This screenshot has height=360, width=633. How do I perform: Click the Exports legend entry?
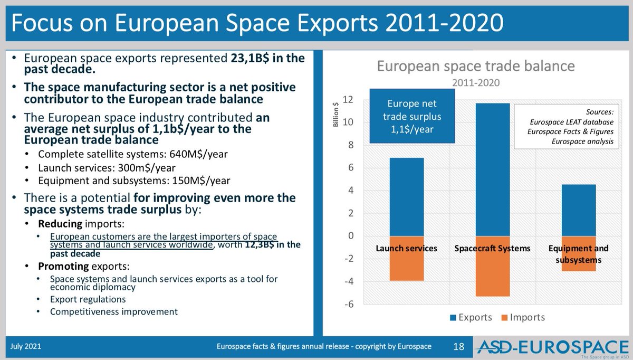tap(471, 317)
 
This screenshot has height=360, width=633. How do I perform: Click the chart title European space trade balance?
tap(475, 67)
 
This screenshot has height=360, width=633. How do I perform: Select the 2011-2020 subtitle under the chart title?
tap(475, 82)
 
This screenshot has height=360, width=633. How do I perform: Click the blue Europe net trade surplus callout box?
tap(411, 116)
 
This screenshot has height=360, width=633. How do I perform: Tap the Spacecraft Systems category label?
tap(492, 248)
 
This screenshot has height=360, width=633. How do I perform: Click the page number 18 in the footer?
tap(458, 346)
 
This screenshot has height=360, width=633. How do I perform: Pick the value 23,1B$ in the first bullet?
tap(250, 59)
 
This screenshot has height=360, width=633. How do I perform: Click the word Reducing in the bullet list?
tap(58, 224)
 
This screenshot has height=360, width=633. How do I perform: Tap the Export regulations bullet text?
tap(88, 299)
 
